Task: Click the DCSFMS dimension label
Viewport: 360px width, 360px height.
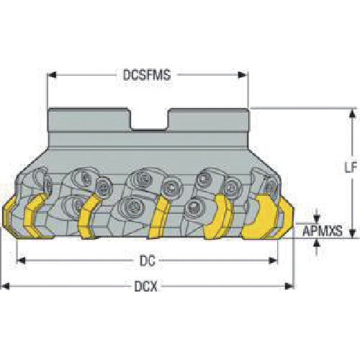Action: coord(147,75)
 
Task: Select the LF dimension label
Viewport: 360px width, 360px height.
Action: coord(351,167)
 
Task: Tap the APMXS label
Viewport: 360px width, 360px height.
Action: coord(323,230)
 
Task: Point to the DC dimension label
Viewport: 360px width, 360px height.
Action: coord(148,261)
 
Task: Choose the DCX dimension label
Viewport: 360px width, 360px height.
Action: coord(145,286)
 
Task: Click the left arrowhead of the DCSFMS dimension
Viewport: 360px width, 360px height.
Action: coord(52,75)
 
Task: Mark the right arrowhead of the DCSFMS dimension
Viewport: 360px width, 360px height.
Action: coord(243,75)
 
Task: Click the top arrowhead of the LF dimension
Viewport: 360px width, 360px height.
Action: coord(352,113)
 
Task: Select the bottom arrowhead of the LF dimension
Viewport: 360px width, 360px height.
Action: coord(352,233)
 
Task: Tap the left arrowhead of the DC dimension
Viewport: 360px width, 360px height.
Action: coord(21,261)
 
